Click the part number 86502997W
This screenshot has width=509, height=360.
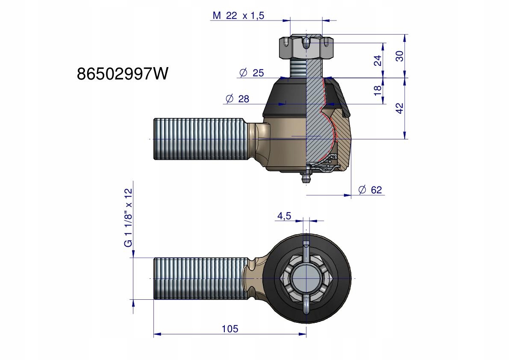pos(123,74)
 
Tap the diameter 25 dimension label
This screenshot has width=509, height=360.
pos(252,73)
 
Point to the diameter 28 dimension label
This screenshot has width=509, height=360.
pos(237,99)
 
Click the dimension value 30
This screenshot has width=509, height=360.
pos(400,56)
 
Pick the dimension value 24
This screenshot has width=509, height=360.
pos(378,60)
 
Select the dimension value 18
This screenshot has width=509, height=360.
pos(377,91)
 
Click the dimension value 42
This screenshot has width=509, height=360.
pos(400,108)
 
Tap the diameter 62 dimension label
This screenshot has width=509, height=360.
pos(370,189)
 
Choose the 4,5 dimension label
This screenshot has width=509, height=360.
pos(284,216)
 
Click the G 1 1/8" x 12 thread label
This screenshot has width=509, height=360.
pos(129,218)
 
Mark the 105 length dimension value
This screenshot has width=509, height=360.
pos(230,329)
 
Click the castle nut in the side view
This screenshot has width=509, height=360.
pos(306,47)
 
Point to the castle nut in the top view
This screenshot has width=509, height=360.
pos(306,278)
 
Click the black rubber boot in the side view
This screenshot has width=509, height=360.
pos(285,97)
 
